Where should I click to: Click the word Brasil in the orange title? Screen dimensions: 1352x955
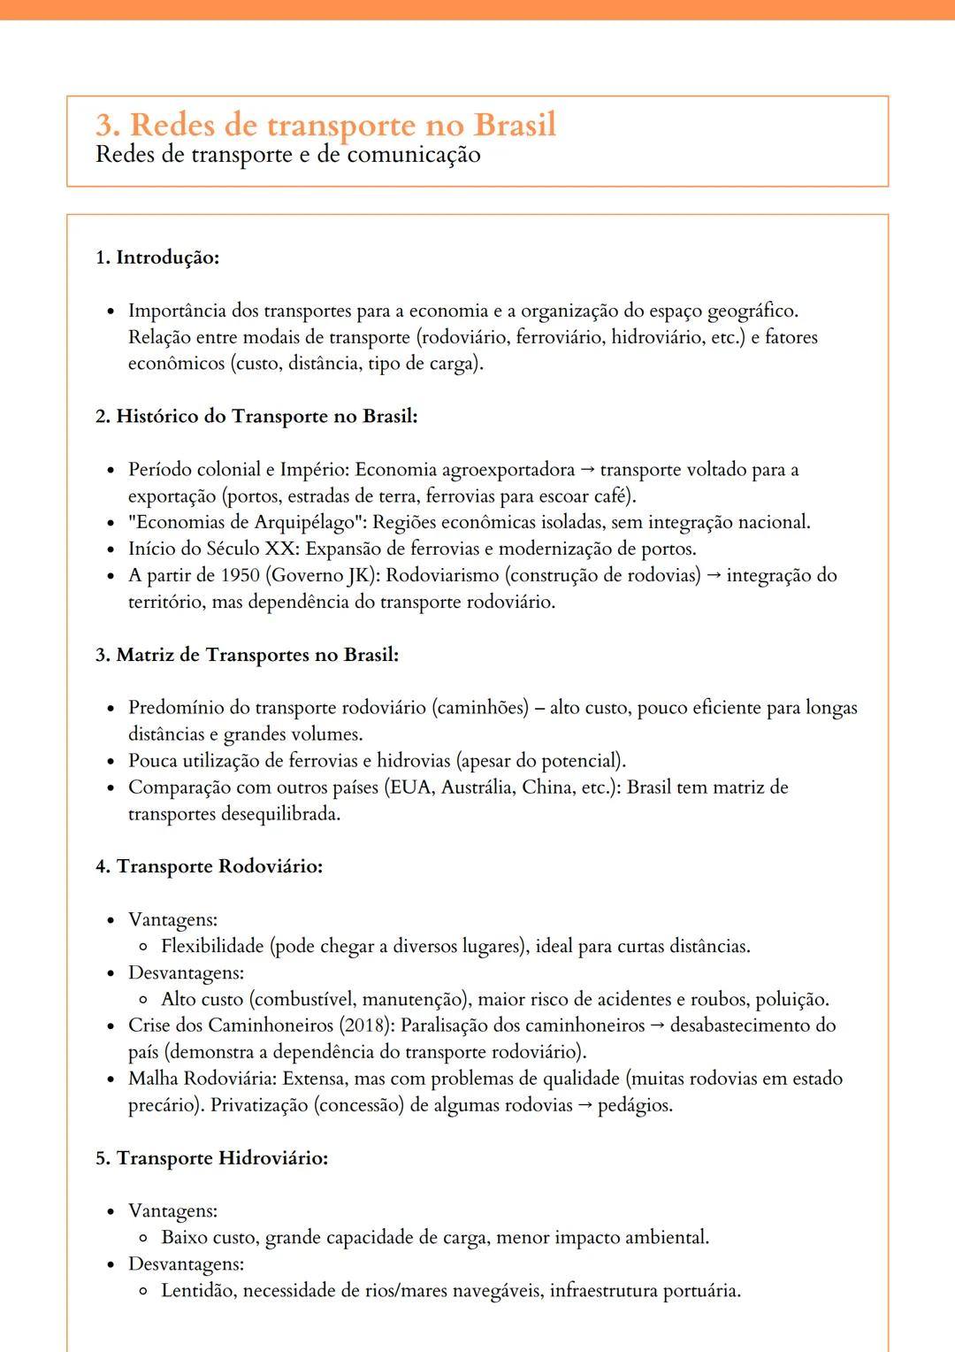515,125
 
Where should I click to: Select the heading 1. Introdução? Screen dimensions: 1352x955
157,257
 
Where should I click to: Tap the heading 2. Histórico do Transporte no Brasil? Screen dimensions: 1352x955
256,416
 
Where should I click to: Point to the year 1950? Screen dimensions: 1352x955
240,575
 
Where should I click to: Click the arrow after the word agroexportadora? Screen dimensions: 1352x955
587,470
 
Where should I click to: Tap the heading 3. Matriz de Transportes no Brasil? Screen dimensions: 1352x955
247,655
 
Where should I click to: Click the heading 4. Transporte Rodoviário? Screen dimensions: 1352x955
209,866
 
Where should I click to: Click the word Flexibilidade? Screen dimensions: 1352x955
212,946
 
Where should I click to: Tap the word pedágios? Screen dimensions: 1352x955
635,1105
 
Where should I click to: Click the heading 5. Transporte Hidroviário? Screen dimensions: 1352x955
211,1158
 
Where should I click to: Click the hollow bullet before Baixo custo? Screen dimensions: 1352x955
143,1239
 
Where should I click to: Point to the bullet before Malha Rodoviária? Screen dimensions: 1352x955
111,1079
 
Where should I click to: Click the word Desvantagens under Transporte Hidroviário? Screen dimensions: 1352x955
186,1264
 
